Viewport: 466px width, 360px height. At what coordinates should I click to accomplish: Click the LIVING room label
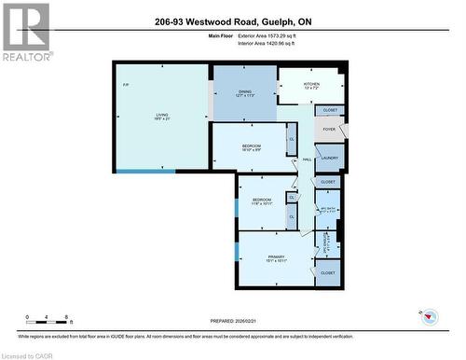pos(162,116)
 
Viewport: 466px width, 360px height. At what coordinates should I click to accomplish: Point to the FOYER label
pos(329,131)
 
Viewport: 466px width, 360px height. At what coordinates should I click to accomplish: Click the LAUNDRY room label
pos(329,158)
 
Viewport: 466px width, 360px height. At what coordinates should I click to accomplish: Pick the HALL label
pos(307,159)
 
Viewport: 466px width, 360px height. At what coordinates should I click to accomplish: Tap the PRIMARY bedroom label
pos(276,256)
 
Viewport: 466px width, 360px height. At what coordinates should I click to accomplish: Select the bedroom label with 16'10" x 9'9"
pos(251,146)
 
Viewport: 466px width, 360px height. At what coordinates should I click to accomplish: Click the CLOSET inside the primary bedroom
pos(327,272)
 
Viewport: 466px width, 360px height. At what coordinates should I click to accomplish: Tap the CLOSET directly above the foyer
pos(331,110)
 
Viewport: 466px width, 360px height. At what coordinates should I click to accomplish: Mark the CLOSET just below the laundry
pos(328,182)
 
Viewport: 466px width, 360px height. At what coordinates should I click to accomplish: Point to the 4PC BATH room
pos(328,210)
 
